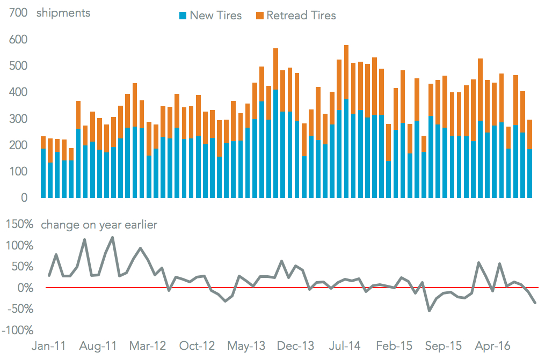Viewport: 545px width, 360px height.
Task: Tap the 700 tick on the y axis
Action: click(x=18, y=13)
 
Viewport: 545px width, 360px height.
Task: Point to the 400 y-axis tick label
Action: click(x=18, y=92)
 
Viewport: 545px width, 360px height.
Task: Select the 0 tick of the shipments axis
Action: click(x=24, y=198)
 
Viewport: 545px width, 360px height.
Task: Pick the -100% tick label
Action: click(x=17, y=330)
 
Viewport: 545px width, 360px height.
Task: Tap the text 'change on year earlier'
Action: click(x=99, y=225)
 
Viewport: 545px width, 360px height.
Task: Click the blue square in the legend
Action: click(x=183, y=16)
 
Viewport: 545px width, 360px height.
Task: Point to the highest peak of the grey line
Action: click(x=112, y=237)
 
